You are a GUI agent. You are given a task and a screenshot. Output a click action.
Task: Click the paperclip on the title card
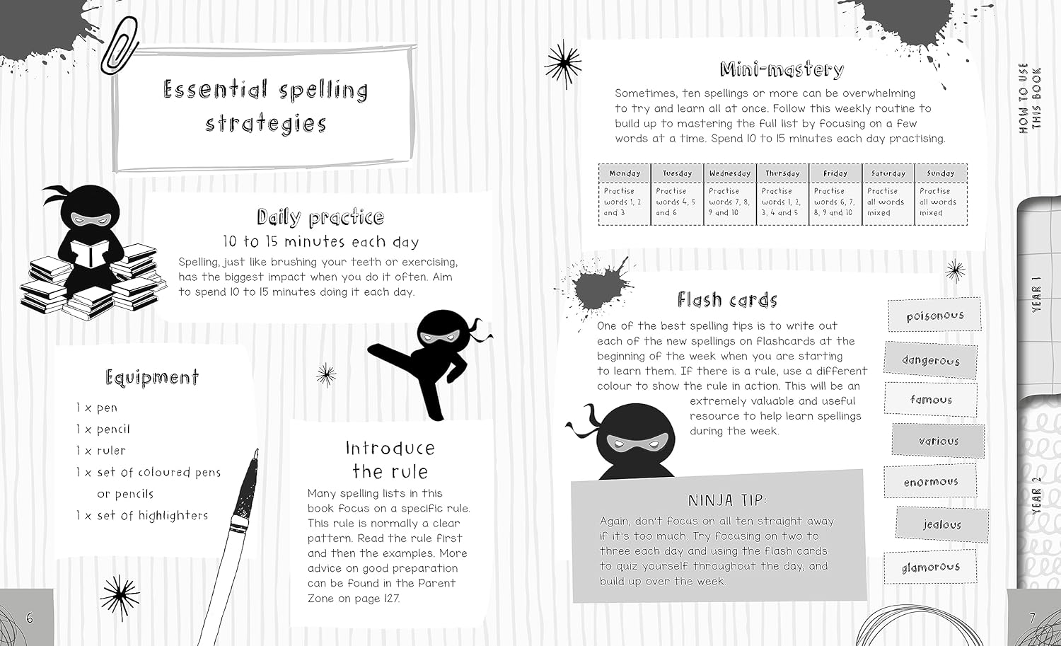pos(120,45)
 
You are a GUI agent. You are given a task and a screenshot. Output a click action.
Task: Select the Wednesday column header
pos(730,173)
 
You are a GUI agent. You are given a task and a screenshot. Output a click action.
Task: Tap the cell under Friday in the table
pos(835,204)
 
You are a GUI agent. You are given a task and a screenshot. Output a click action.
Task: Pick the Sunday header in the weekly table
pos(941,173)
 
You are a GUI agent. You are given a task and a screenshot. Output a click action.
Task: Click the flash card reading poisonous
pos(934,315)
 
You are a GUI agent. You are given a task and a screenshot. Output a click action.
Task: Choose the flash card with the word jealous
pos(942,524)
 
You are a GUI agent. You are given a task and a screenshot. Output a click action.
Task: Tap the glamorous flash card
pos(930,566)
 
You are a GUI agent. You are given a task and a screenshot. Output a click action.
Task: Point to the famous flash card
pos(931,400)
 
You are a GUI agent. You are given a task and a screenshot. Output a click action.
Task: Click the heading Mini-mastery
pos(782,69)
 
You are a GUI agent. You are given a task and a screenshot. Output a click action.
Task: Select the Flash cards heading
pos(727,299)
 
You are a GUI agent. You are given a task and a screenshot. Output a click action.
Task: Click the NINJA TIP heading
pos(727,500)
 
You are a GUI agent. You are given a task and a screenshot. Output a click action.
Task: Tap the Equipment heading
pos(152,378)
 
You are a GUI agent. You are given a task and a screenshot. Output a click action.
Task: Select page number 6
pos(30,618)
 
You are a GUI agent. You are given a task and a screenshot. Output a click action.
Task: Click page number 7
pos(1032,618)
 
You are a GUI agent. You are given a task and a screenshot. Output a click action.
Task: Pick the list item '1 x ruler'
pos(101,450)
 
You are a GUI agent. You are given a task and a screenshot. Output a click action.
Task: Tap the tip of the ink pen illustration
pos(257,450)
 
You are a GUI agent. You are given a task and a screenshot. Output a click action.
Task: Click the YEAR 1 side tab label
pos(1036,294)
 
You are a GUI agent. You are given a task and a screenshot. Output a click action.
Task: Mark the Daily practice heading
pos(320,217)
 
